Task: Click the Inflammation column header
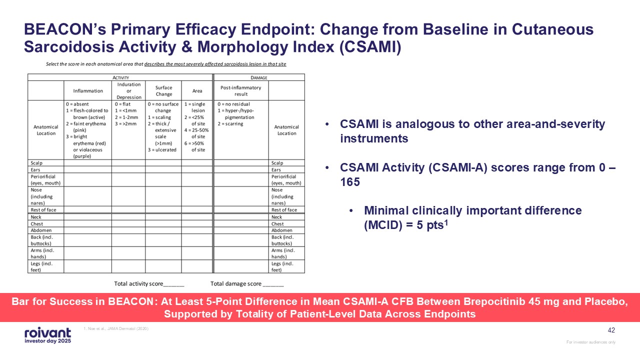(x=87, y=91)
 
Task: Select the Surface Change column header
(x=163, y=91)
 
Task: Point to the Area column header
(x=197, y=91)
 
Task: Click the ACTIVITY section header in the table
(x=120, y=77)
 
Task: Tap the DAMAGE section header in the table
(x=258, y=77)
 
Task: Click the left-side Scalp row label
(x=37, y=163)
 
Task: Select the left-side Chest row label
(x=38, y=224)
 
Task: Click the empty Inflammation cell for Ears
(x=87, y=170)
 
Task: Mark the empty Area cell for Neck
(x=197, y=217)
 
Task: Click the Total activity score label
(x=138, y=284)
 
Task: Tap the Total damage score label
(x=236, y=284)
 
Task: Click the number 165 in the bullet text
(x=350, y=182)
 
